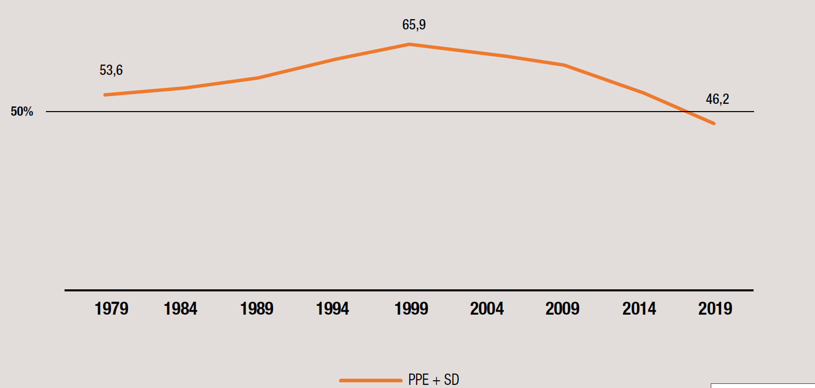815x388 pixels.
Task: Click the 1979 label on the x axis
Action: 111,309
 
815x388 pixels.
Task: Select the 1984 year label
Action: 181,309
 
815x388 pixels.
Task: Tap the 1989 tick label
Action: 257,309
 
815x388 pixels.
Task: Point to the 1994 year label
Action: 332,309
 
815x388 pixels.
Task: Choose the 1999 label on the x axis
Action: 411,309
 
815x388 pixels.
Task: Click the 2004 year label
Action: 487,309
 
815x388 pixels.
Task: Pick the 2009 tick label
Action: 563,309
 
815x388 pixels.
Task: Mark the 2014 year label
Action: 639,309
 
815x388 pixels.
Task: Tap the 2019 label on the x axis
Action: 715,309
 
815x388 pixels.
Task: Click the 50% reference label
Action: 22,112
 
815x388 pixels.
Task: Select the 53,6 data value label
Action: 111,70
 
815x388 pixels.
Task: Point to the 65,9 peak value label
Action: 414,25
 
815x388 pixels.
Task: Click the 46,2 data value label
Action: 717,99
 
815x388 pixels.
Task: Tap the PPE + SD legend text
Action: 434,380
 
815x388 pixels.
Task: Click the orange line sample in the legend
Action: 371,381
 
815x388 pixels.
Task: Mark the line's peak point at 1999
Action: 410,44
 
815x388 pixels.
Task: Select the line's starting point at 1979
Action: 105,95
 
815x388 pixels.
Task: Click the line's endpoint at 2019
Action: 714,123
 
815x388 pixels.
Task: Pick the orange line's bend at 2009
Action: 564,65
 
